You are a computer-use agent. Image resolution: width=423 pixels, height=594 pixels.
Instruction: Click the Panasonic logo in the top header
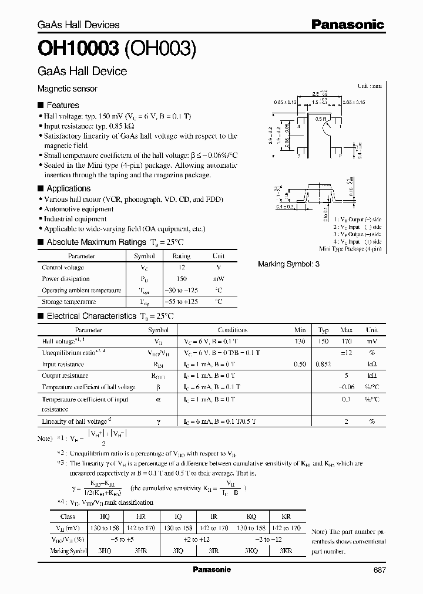347,24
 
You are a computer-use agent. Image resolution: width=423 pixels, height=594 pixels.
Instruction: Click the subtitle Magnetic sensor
68,89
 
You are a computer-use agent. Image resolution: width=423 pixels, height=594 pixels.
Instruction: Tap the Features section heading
62,105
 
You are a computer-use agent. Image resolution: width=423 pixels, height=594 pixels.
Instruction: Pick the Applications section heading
68,188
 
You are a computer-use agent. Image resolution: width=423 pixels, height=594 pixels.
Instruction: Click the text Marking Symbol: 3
288,264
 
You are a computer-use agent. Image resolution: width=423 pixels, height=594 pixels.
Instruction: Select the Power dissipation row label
66,279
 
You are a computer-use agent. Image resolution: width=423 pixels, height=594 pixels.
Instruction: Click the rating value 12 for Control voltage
181,268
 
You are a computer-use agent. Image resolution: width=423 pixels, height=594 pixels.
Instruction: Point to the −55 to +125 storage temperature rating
181,302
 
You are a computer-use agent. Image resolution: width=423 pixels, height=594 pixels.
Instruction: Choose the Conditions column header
233,330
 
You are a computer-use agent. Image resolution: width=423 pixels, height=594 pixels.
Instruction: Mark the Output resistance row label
65,376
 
